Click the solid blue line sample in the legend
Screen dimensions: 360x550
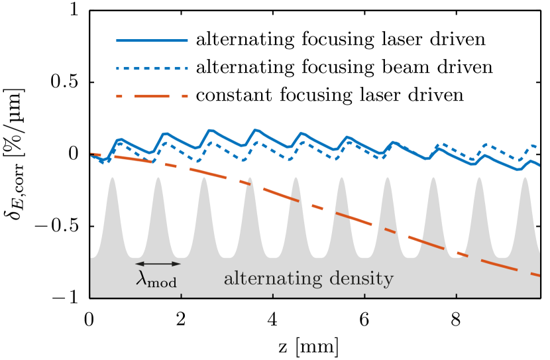click(152, 40)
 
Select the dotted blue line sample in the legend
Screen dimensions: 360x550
click(152, 68)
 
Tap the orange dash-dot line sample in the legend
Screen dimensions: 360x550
click(152, 97)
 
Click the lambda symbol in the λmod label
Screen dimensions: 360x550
click(142, 278)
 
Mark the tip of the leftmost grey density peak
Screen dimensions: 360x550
click(112, 178)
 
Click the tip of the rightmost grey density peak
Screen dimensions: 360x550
click(525, 178)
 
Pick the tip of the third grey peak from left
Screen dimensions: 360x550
click(204, 178)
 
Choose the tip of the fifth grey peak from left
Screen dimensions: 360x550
click(296, 178)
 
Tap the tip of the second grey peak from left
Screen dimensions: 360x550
click(158, 178)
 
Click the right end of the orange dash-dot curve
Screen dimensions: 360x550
click(539, 275)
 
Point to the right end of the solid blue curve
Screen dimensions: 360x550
click(539, 165)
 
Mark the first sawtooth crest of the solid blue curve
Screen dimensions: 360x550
click(120, 140)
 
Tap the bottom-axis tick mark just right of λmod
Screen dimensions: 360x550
click(181, 295)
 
